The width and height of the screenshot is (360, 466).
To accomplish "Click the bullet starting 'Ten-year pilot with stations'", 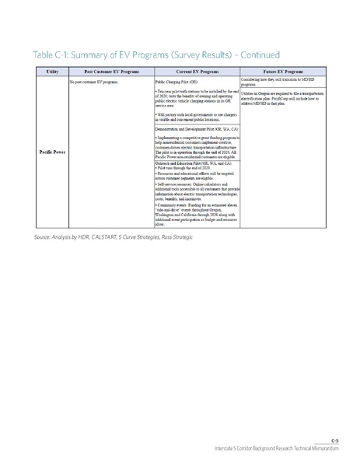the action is click(x=196, y=97).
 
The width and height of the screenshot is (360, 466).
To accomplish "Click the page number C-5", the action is click(x=334, y=441).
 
